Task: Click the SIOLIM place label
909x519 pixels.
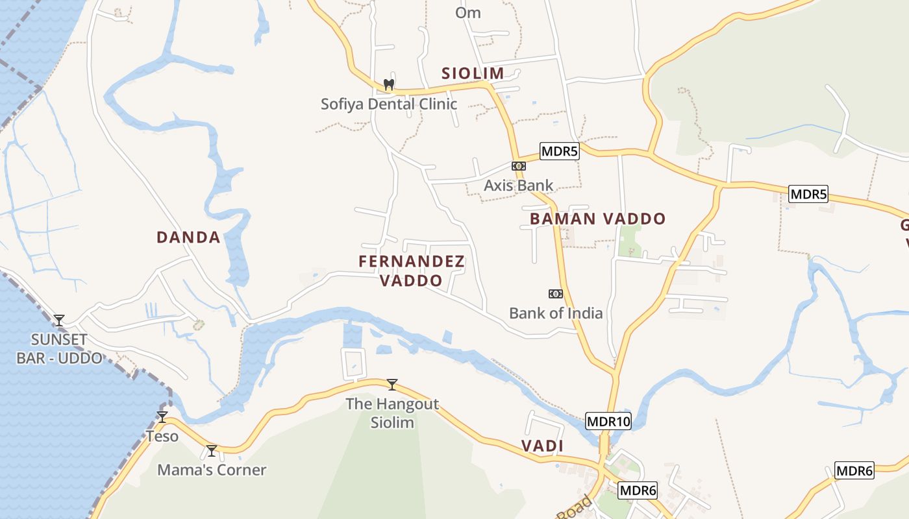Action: [x=473, y=73]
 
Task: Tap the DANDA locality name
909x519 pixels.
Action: [x=188, y=237]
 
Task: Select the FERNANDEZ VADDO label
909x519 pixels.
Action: [x=412, y=271]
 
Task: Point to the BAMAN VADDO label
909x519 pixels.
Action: [x=598, y=219]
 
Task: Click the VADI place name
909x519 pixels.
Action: [x=542, y=446]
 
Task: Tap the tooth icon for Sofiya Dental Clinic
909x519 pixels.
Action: [x=389, y=84]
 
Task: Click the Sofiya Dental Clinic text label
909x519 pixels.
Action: [x=389, y=104]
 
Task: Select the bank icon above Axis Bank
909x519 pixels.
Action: [x=518, y=166]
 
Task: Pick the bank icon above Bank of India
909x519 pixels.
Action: [x=555, y=294]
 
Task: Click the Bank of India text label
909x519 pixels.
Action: [x=556, y=313]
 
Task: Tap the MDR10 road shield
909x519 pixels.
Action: [x=608, y=421]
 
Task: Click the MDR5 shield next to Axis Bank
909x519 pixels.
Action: [x=559, y=152]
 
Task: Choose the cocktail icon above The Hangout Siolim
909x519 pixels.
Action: [x=392, y=384]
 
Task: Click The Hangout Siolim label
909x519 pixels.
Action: [x=392, y=413]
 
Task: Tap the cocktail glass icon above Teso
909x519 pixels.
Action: [x=162, y=416]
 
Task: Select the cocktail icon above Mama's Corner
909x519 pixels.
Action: [x=212, y=450]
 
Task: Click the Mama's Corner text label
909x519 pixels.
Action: [x=212, y=470]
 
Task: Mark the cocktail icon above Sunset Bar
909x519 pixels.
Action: [x=59, y=320]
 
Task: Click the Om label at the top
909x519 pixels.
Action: [x=468, y=12]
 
